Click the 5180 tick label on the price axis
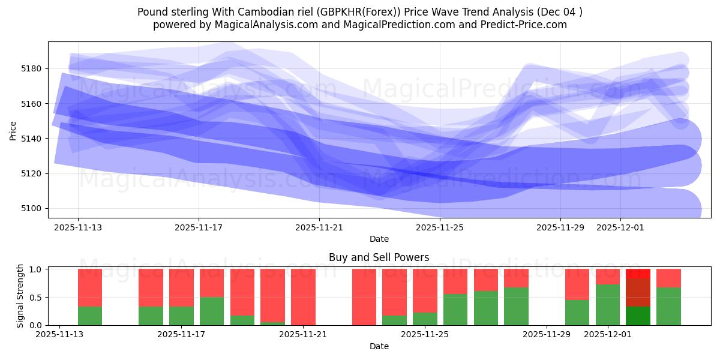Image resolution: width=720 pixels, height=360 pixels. [32, 68]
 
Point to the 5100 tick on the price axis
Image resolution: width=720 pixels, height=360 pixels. [32, 209]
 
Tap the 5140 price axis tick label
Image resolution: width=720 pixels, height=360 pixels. [32, 139]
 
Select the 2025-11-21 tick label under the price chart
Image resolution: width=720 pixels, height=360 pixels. [319, 228]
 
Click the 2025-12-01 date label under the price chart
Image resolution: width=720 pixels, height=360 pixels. [620, 228]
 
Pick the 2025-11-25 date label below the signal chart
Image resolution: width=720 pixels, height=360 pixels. [425, 335]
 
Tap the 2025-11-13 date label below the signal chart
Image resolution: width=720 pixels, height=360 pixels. [59, 335]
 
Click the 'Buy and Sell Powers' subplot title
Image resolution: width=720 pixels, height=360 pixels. [379, 257]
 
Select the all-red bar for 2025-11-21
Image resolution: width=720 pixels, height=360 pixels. [303, 297]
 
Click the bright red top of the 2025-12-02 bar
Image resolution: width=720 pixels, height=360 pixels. [638, 273]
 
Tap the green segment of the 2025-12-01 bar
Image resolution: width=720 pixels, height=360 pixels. [608, 305]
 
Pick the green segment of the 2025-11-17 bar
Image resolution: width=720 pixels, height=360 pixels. [212, 311]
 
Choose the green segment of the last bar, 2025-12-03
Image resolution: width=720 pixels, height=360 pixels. [668, 306]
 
